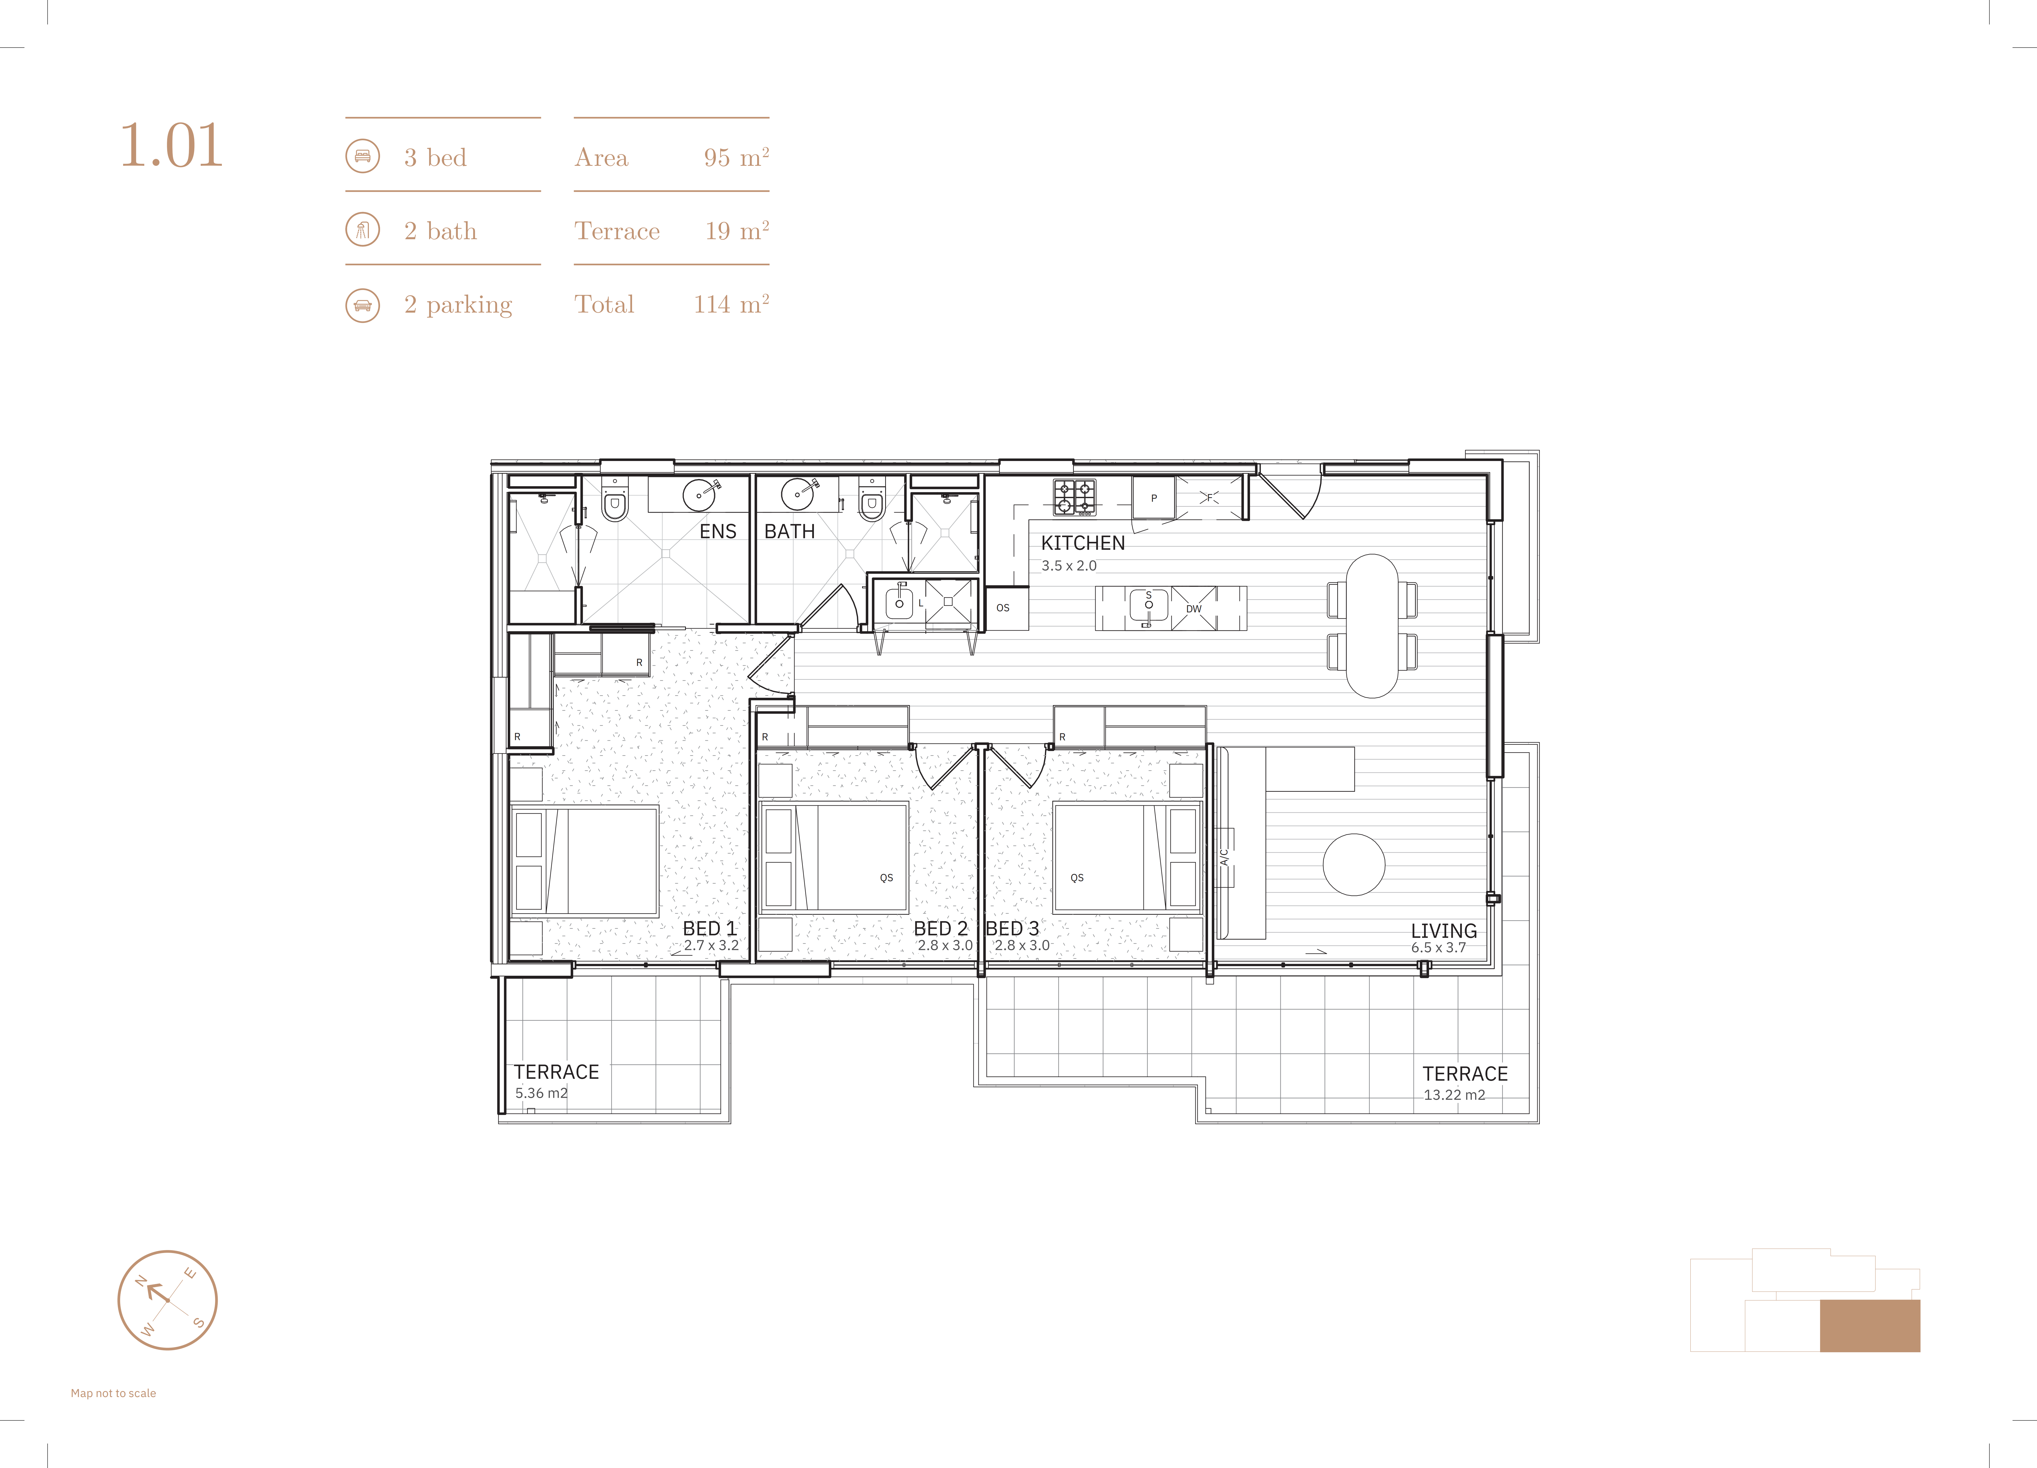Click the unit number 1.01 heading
tap(171, 145)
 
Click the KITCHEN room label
tap(1082, 543)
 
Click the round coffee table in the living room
tap(1354, 865)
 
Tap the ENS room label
tap(718, 532)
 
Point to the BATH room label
tap(789, 532)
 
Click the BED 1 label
tap(710, 928)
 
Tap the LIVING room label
tap(1443, 931)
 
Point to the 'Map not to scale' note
tap(113, 1394)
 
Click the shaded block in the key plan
tap(1870, 1325)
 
